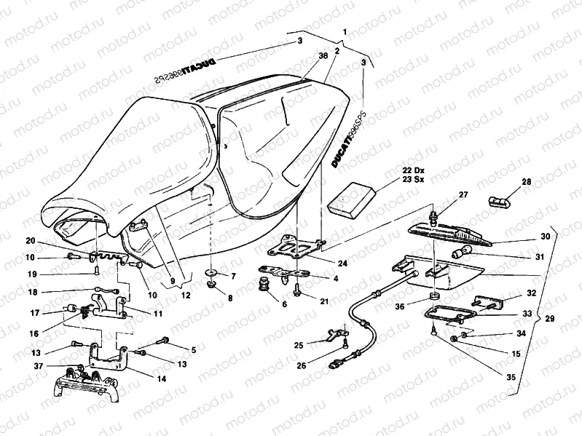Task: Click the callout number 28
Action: (x=526, y=182)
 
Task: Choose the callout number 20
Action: (x=30, y=241)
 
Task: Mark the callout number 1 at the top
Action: (x=345, y=33)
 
